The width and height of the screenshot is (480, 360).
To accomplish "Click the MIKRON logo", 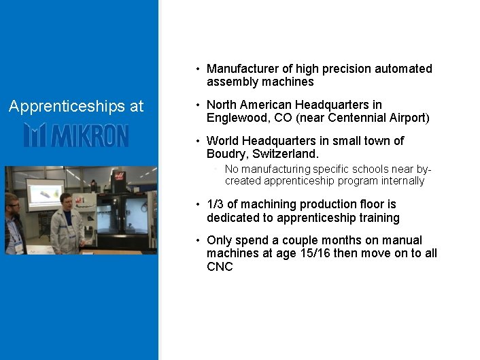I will coord(75,135).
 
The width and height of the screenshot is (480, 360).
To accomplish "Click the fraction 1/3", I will coord(216,204).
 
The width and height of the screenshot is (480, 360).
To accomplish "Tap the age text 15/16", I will coord(328,253).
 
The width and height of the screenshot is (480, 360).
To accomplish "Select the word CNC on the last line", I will coord(220,267).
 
